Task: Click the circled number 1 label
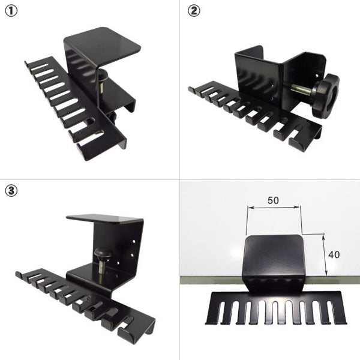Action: pos(11,11)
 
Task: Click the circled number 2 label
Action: pos(194,11)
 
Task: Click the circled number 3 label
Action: pos(11,191)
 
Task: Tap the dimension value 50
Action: pos(273,200)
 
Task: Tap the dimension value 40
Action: pos(334,254)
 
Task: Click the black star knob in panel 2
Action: pos(326,95)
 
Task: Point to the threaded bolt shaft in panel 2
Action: pos(302,89)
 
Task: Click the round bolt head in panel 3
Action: pos(102,253)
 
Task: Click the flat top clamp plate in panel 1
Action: pos(103,44)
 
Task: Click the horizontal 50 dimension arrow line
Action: pos(273,208)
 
